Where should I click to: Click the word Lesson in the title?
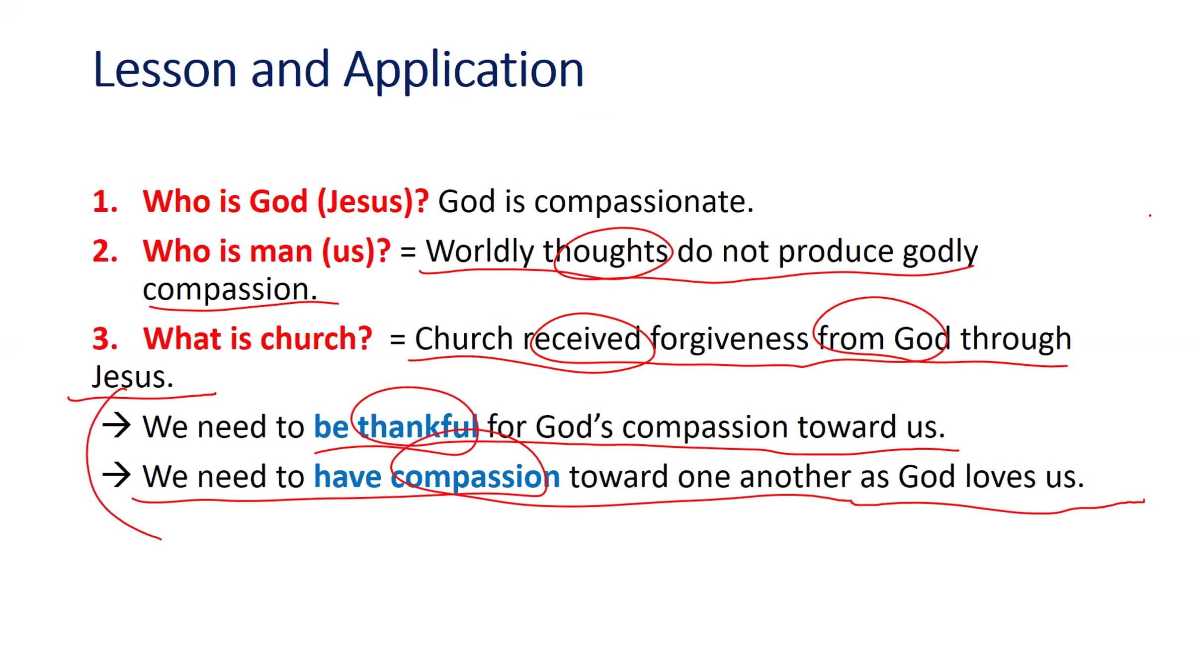[x=165, y=70]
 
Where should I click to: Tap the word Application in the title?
[x=464, y=71]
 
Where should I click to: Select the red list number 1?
[x=105, y=202]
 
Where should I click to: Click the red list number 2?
[x=105, y=251]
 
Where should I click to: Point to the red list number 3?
[x=105, y=339]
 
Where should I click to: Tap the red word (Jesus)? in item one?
[x=373, y=202]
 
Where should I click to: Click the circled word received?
[x=582, y=339]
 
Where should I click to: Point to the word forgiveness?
[x=729, y=339]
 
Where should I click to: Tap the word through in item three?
[x=1015, y=340]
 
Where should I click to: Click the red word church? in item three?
[x=316, y=339]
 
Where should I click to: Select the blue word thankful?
[x=418, y=426]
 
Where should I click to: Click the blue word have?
[x=347, y=477]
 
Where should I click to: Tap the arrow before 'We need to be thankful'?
[x=116, y=426]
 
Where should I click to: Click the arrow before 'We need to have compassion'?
[x=116, y=475]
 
